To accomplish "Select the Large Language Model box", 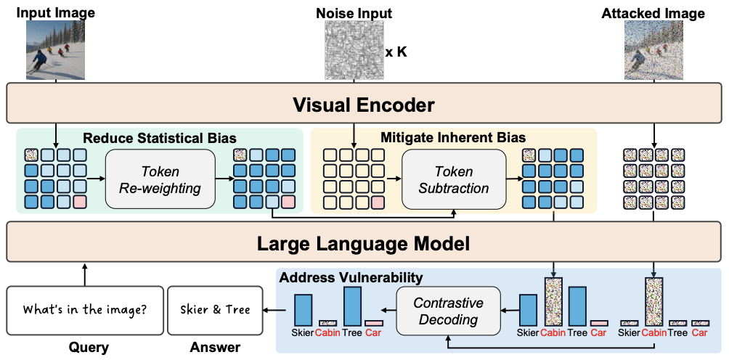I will pos(363,243).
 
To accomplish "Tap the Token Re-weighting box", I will pos(160,180).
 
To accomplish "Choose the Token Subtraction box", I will pos(453,180).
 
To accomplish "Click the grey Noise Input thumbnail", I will pos(354,49).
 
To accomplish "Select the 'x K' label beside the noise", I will pos(396,52).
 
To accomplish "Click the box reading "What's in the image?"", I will pos(84,311).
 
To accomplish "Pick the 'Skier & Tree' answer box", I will pos(214,311).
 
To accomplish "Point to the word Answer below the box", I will pos(214,348).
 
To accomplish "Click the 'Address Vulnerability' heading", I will pos(351,277).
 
